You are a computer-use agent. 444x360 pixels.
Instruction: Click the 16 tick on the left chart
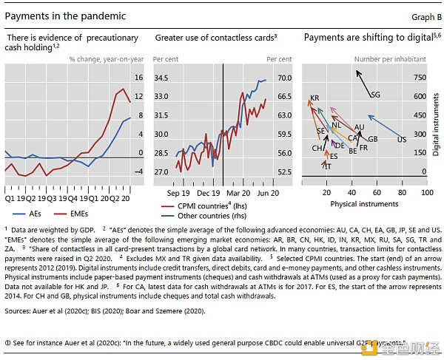click(138, 78)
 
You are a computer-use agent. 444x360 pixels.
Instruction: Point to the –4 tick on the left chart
click(138, 172)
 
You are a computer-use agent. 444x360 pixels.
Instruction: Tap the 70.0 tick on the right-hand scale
click(284, 78)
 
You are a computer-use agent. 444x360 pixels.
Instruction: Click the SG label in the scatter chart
click(375, 95)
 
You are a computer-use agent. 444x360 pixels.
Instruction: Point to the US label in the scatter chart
click(402, 139)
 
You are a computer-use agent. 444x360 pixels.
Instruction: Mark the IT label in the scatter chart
click(328, 167)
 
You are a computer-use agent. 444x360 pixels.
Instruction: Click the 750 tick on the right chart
click(420, 78)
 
